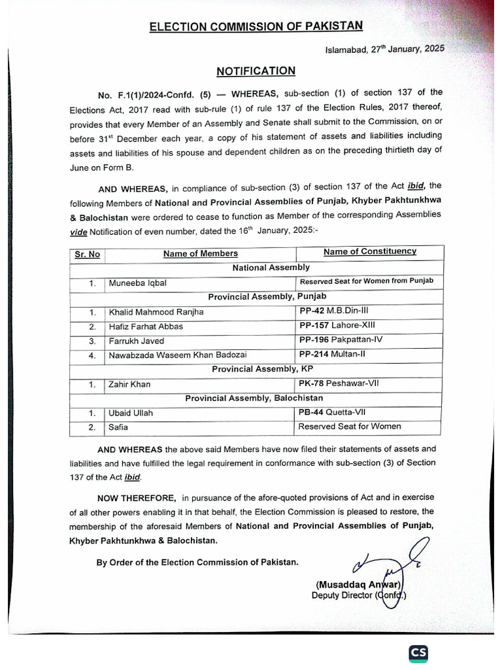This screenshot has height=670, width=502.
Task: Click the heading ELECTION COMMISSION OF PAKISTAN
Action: pyautogui.click(x=256, y=27)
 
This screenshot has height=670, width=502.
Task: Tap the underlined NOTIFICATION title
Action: pyautogui.click(x=256, y=71)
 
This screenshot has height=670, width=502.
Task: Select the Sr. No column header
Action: pyautogui.click(x=87, y=254)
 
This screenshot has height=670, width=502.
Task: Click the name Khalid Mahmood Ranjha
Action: pyautogui.click(x=156, y=312)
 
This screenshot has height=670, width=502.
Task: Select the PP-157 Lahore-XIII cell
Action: pyautogui.click(x=337, y=325)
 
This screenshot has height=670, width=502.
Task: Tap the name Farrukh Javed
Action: pyautogui.click(x=137, y=341)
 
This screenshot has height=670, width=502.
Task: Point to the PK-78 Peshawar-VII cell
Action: pyautogui.click(x=339, y=383)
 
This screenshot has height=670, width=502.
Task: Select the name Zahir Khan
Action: pyautogui.click(x=129, y=384)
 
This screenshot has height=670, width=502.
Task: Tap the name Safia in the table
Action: pyautogui.click(x=119, y=427)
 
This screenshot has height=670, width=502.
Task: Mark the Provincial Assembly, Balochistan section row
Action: pyautogui.click(x=254, y=398)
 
